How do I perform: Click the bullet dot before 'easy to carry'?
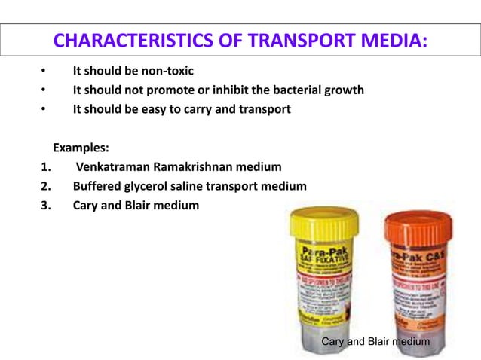[x=44, y=109]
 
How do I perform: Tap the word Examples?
[x=81, y=148]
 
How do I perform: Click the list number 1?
[x=46, y=167]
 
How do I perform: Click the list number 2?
[x=46, y=186]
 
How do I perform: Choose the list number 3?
[x=46, y=205]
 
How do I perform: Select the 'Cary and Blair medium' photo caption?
[x=375, y=342]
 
